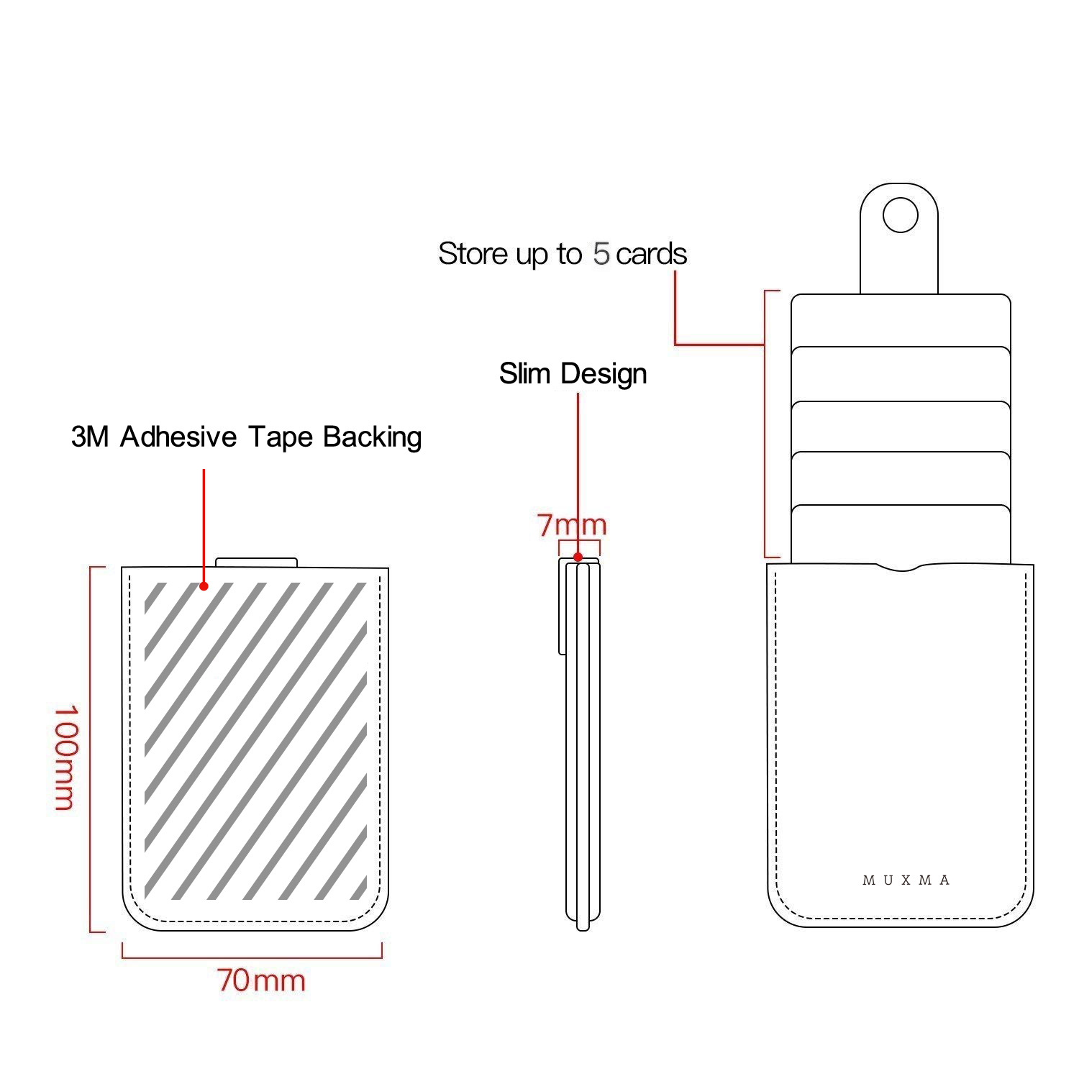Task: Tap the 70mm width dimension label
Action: [x=261, y=980]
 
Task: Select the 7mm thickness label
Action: [x=572, y=525]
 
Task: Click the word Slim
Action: [x=526, y=373]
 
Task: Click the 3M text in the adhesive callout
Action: [x=89, y=437]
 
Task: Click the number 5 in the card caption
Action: [x=601, y=254]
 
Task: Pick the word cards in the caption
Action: [x=651, y=254]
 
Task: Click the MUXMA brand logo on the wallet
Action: [x=906, y=880]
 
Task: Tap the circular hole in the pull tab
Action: [x=900, y=215]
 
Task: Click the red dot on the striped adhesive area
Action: [x=204, y=586]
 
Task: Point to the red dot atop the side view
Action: [x=578, y=557]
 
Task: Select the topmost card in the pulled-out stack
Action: [x=901, y=320]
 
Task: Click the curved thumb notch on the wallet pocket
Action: [x=901, y=568]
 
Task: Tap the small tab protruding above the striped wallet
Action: [x=257, y=562]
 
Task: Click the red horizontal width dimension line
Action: [x=252, y=957]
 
